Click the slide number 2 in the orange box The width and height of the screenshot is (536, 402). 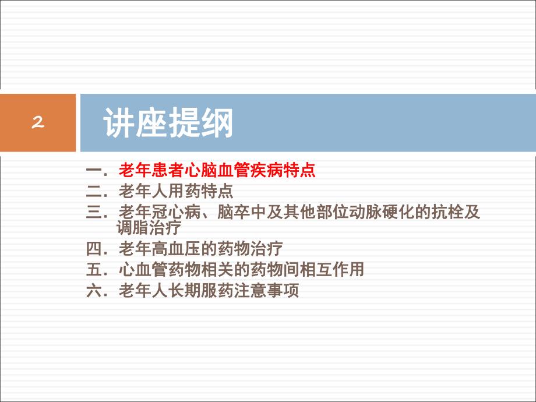38,123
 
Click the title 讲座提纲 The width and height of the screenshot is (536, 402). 168,124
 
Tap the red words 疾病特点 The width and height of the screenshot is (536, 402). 283,171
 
